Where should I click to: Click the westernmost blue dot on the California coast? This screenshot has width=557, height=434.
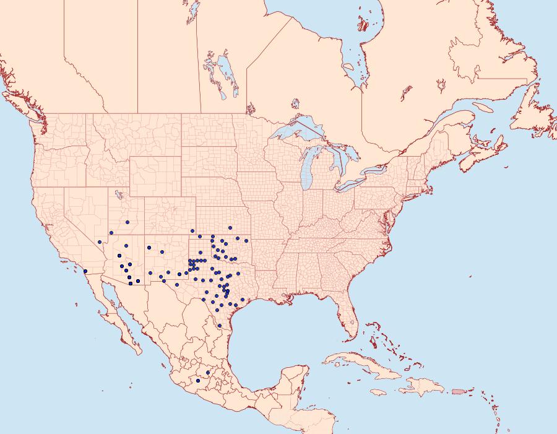point(85,271)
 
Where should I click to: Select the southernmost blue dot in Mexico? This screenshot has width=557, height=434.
point(198,381)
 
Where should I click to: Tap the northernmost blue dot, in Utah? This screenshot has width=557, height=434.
point(127,222)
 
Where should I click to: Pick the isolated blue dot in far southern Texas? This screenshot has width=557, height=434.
point(219,326)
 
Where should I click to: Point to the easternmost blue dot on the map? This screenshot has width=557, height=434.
point(246,240)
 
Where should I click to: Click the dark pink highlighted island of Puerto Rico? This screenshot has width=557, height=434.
point(458,391)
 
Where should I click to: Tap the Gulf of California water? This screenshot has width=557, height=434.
point(124,310)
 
